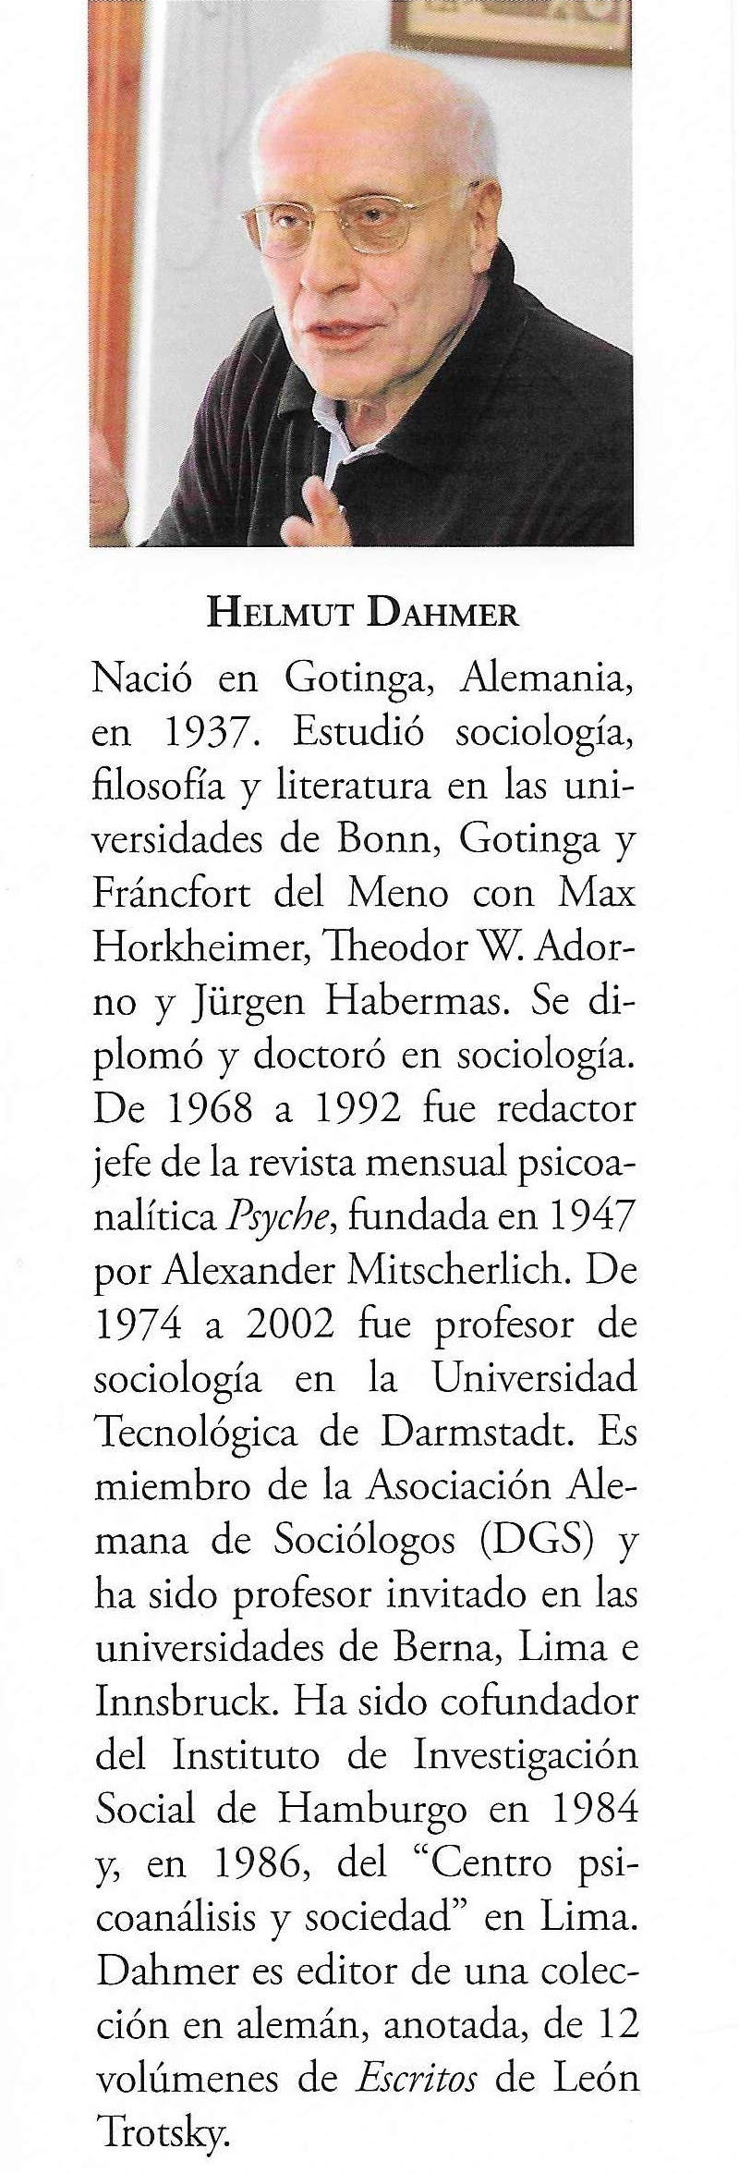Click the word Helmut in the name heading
[278, 614]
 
